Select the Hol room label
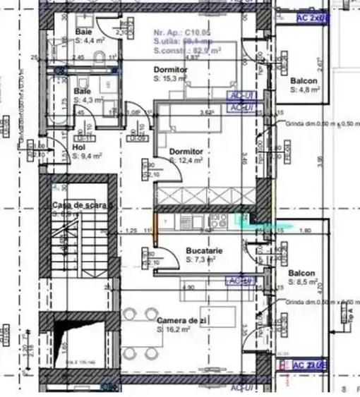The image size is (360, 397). [x=78, y=147]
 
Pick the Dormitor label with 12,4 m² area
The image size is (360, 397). [x=186, y=152]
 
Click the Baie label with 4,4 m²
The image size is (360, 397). [x=83, y=32]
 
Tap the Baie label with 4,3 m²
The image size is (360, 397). [x=83, y=92]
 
